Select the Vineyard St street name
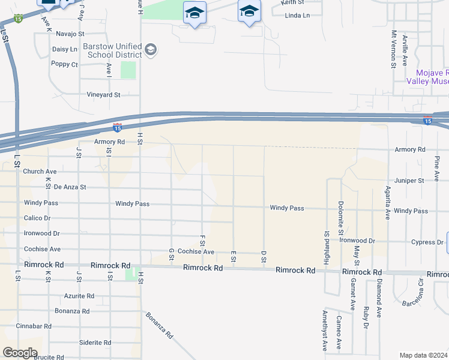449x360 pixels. point(104,95)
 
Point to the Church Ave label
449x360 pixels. point(40,172)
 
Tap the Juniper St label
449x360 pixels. point(409,180)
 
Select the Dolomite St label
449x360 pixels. point(340,218)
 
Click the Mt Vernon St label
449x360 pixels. point(394,49)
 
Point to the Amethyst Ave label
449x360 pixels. point(324,331)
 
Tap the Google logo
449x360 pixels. point(20,353)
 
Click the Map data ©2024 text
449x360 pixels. point(423,355)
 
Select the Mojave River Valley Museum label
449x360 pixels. point(427,76)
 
